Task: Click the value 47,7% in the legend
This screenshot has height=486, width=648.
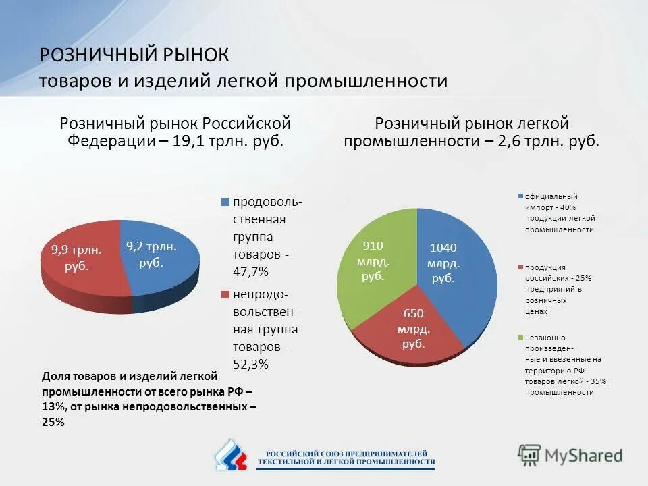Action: (x=250, y=272)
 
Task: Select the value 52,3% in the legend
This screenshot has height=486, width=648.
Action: (x=250, y=364)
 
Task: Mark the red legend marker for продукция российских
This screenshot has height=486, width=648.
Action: (x=520, y=267)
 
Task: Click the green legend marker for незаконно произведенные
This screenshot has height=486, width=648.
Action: (x=520, y=337)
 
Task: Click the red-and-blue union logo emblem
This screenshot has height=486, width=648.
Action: (x=231, y=455)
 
